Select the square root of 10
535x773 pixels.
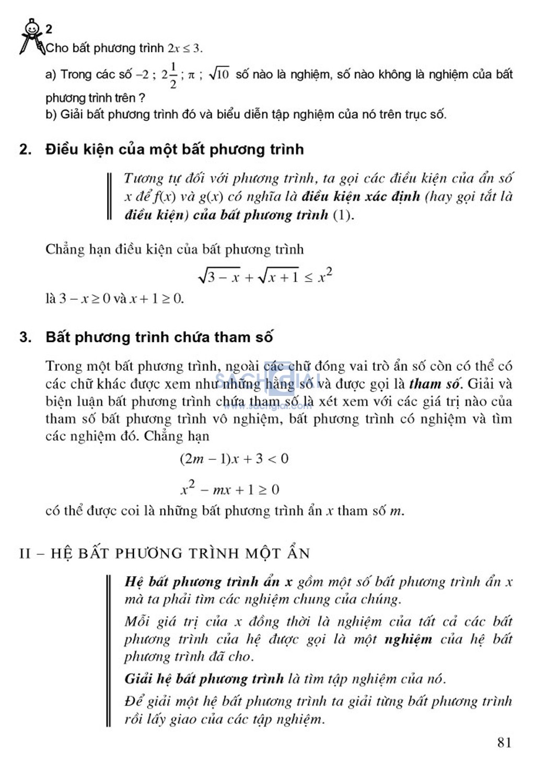pyautogui.click(x=219, y=74)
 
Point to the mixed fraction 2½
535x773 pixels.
pyautogui.click(x=169, y=75)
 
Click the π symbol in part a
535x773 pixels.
pyautogui.click(x=191, y=75)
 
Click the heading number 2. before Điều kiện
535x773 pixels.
pyautogui.click(x=25, y=150)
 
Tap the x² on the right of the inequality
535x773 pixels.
pyautogui.click(x=325, y=275)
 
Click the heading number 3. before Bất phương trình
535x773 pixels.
pyautogui.click(x=25, y=337)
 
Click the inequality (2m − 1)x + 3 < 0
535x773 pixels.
pyautogui.click(x=234, y=459)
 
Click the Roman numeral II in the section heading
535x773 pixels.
pyautogui.click(x=25, y=553)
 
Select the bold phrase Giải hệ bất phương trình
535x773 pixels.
pyautogui.click(x=204, y=679)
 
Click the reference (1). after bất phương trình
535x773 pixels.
pyautogui.click(x=343, y=215)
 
